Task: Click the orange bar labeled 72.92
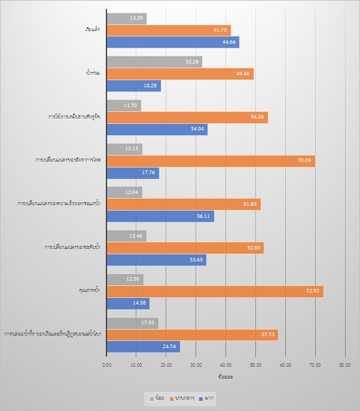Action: pos(215,291)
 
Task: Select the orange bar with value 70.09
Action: pos(211,160)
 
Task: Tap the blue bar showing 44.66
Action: pos(173,42)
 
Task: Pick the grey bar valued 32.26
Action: pos(154,62)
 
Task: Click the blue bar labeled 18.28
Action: pos(134,86)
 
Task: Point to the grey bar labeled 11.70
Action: pos(124,105)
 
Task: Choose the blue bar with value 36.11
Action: pos(160,216)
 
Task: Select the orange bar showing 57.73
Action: pos(192,334)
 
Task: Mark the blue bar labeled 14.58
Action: pos(128,303)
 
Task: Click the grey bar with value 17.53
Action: pos(132,323)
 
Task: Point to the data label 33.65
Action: pos(196,260)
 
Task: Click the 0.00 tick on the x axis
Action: pos(107,364)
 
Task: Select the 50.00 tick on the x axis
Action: pos(255,364)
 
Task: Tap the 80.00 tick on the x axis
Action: pos(344,364)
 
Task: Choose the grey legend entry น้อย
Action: pos(157,397)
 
